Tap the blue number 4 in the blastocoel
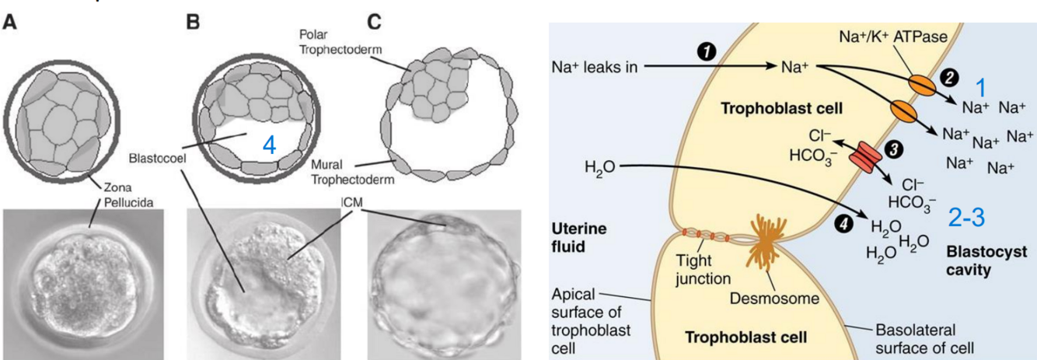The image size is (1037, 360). pos(269,145)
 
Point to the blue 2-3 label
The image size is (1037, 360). pos(966,218)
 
